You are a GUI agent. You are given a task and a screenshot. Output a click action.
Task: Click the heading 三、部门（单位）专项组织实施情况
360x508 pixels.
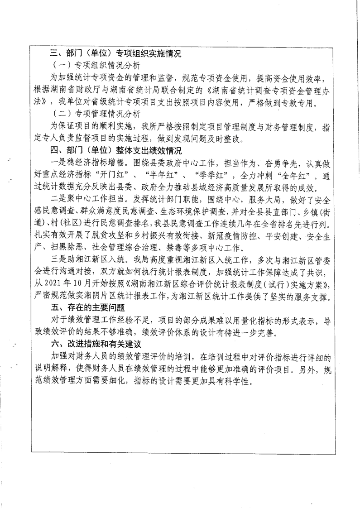pos(115,54)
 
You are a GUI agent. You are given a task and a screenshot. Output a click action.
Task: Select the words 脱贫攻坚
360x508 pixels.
pos(116,235)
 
